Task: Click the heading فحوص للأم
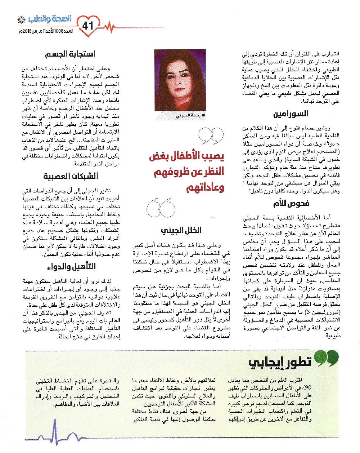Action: click(x=291, y=204)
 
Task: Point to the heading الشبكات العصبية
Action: click(x=71, y=176)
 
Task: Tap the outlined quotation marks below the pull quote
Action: click(x=161, y=208)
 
